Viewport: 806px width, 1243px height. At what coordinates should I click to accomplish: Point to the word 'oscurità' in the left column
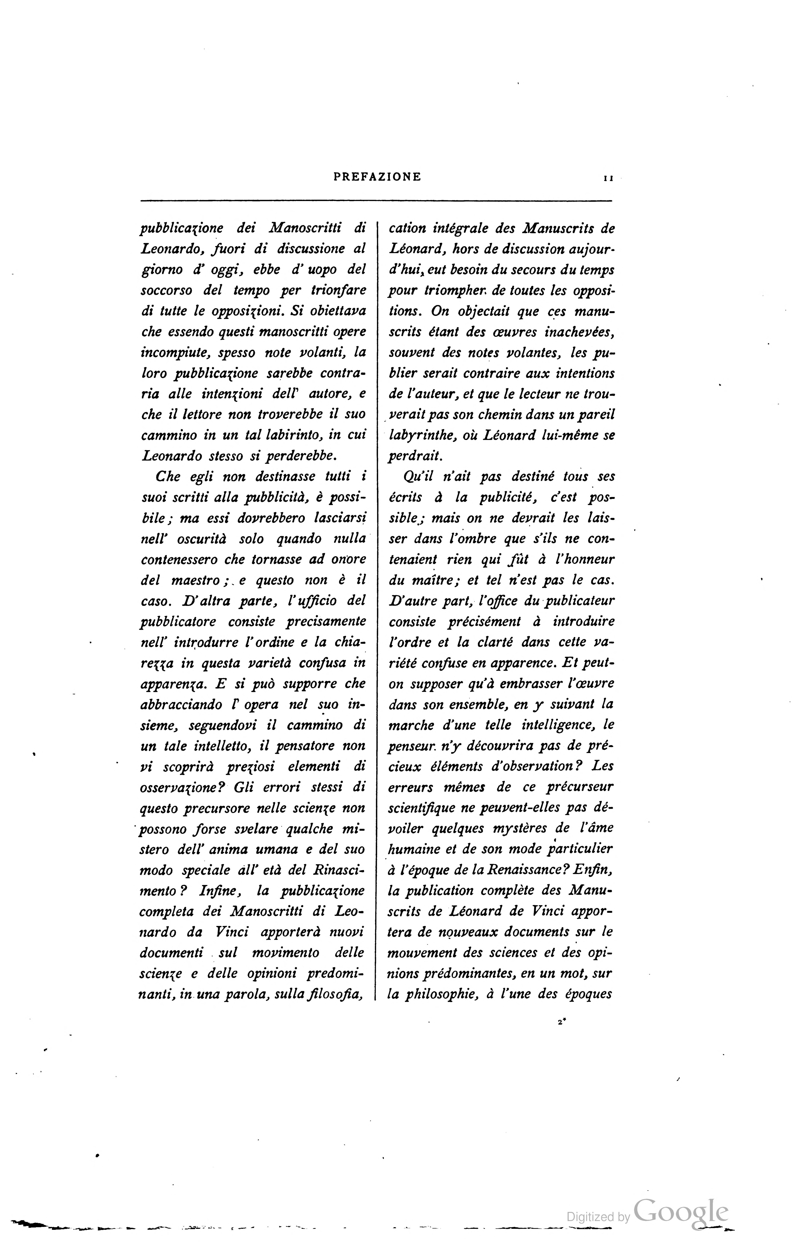click(198, 538)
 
